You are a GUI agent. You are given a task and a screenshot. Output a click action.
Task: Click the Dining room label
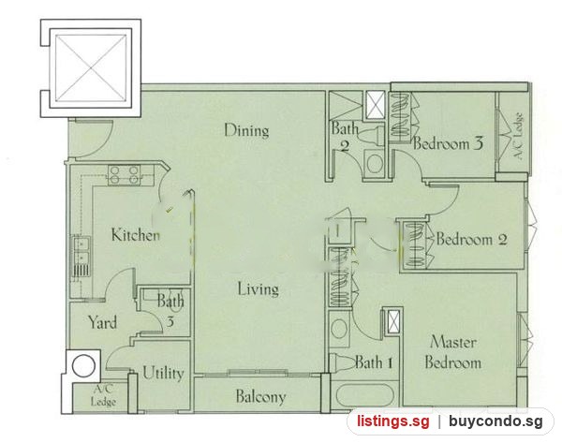click(246, 130)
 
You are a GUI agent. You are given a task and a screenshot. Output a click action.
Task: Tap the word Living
click(259, 288)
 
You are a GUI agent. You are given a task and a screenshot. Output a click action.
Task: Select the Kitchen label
click(136, 235)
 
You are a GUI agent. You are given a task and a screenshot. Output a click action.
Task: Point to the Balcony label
click(260, 396)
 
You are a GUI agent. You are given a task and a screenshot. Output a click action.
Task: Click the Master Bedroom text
click(453, 352)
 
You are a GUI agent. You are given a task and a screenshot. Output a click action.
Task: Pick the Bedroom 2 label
click(471, 239)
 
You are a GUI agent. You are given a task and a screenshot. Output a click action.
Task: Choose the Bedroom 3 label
click(448, 143)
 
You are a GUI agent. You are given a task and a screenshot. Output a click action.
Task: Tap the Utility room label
click(163, 374)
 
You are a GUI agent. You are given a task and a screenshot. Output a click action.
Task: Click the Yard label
click(102, 322)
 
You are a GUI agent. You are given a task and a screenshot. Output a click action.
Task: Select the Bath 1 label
click(374, 362)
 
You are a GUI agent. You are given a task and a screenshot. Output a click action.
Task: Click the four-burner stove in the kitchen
click(124, 175)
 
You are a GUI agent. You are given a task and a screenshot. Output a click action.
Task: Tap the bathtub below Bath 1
click(365, 395)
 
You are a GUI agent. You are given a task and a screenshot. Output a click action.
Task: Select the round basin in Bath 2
click(375, 164)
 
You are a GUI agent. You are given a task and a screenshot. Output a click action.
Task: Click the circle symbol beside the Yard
click(84, 366)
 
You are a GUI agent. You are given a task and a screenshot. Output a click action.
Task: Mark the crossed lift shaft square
click(91, 68)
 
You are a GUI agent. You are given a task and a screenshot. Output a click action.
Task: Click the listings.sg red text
click(392, 421)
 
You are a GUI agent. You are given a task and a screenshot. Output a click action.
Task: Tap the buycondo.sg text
click(495, 421)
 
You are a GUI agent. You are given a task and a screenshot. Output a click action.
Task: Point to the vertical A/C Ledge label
click(518, 136)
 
